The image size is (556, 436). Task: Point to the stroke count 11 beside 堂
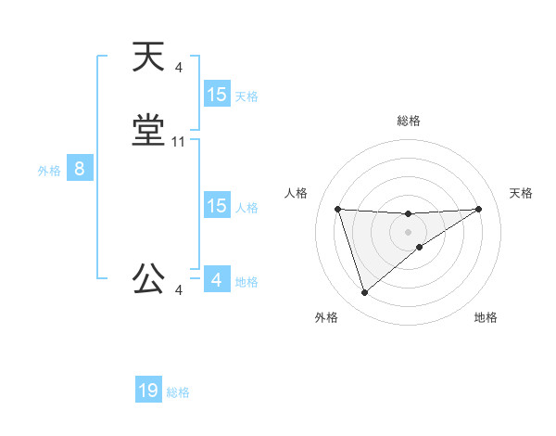point(179,142)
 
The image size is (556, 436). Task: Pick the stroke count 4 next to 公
point(179,290)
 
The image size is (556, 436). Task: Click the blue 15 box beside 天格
point(217,95)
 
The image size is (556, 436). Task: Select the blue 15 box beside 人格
point(217,206)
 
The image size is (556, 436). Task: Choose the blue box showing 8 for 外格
point(80,169)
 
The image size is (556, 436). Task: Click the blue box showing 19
point(148,391)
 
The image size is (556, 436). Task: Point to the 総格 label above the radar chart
point(409,121)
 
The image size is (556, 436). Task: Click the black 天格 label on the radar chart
point(522,193)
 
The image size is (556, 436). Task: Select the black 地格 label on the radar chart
point(486,317)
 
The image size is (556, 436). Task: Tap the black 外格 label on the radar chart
point(326,317)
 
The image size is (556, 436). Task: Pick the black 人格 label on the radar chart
point(296,193)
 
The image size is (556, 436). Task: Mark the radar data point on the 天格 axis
point(479,209)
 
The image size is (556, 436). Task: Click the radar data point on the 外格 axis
point(364,293)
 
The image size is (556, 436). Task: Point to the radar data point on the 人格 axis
point(337,209)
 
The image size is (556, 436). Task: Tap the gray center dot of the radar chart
point(408,232)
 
